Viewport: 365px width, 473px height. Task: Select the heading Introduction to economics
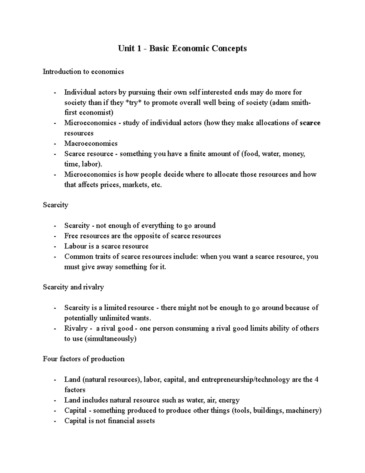[83, 72]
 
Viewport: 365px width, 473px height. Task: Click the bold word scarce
[310, 123]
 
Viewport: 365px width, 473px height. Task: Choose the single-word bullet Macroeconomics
[91, 143]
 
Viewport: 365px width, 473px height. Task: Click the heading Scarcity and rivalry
[73, 287]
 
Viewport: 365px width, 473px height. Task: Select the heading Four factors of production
[84, 359]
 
